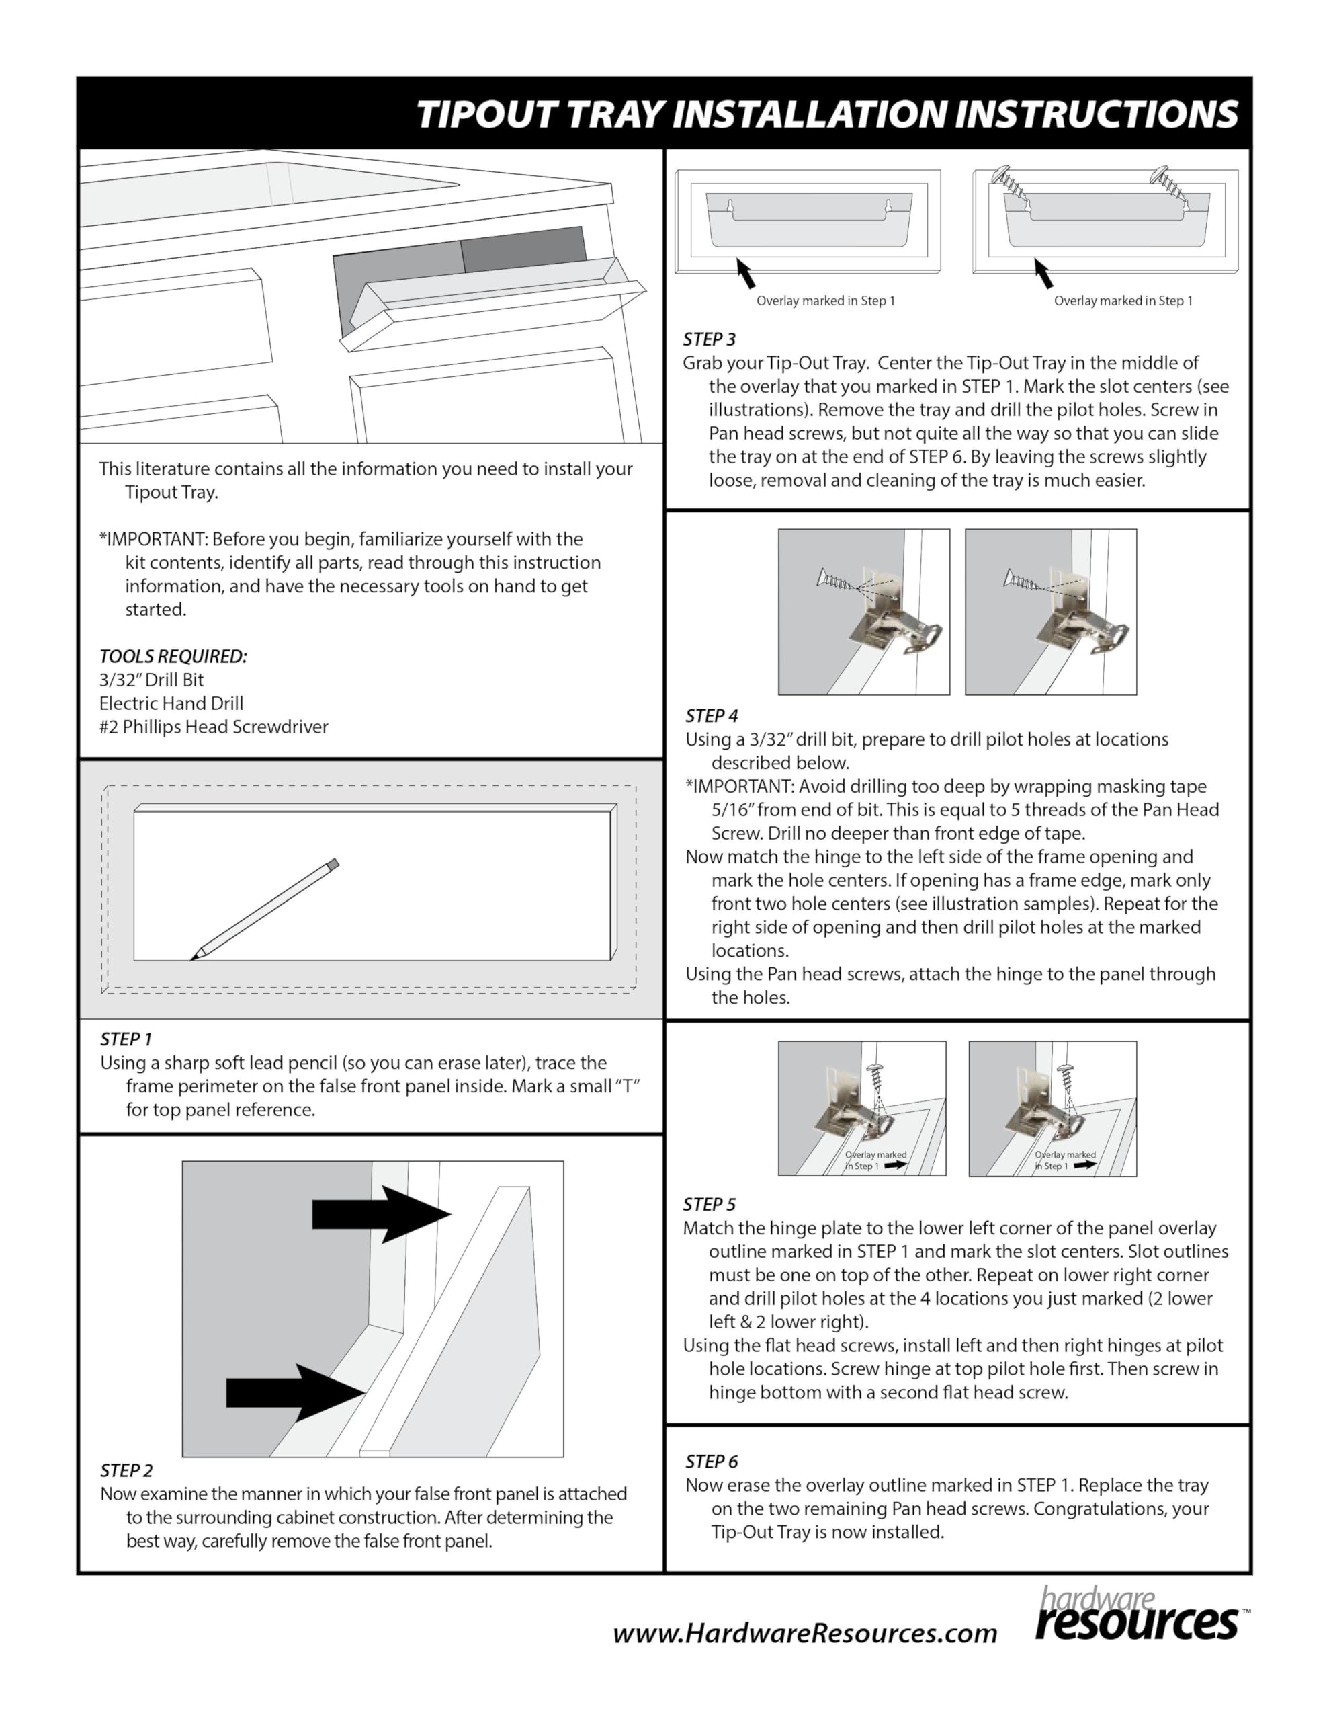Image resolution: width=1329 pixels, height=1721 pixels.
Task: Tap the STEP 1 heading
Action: tap(126, 1039)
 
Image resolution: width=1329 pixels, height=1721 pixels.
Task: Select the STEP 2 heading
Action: tap(126, 1470)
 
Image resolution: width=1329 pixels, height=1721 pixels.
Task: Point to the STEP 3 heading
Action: tap(709, 339)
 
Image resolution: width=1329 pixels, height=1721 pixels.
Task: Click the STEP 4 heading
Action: tap(712, 715)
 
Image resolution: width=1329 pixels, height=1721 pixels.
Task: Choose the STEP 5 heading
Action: tap(709, 1204)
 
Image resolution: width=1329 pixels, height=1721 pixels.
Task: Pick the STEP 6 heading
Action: tap(712, 1462)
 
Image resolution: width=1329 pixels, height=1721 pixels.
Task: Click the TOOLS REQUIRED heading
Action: tap(173, 656)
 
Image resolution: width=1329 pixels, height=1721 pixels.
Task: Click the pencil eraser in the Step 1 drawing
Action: tap(333, 864)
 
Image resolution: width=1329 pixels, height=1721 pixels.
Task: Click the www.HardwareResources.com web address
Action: tap(804, 1633)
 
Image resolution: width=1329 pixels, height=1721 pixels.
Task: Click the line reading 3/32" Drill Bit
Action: tap(151, 680)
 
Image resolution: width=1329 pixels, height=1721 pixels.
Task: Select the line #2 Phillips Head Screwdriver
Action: tap(214, 727)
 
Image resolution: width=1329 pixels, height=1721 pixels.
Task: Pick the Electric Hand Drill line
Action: tap(171, 704)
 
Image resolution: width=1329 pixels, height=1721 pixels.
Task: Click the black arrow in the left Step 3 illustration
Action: tap(745, 274)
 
